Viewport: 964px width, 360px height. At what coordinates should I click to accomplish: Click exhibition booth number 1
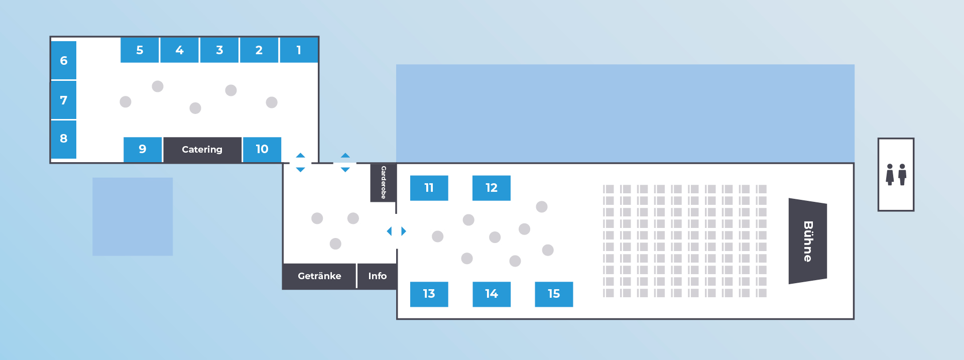click(x=299, y=50)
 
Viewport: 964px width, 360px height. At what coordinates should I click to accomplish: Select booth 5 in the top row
click(x=140, y=50)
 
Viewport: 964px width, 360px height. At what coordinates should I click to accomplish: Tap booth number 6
click(x=64, y=60)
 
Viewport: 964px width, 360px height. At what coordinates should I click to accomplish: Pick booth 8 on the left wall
click(x=64, y=139)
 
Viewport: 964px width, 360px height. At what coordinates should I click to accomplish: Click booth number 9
click(x=143, y=150)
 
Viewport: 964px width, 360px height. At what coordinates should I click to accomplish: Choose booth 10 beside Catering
click(x=262, y=150)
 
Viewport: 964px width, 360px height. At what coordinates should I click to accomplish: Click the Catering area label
click(x=202, y=150)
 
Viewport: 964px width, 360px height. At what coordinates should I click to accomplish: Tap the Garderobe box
click(x=383, y=183)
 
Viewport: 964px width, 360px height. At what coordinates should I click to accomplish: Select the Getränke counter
click(x=319, y=276)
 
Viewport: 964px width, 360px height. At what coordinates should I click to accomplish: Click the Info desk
click(x=377, y=276)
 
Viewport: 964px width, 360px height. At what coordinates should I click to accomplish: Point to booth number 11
click(x=429, y=188)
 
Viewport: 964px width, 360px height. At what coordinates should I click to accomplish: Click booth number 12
click(x=492, y=188)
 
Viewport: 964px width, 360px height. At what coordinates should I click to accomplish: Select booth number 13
click(x=429, y=294)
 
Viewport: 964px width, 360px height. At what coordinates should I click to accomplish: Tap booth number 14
click(x=492, y=294)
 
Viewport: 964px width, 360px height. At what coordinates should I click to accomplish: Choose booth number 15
click(x=554, y=294)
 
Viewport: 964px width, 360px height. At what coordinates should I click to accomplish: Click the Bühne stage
click(x=807, y=241)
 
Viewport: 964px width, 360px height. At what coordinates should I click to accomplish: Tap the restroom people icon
click(x=896, y=174)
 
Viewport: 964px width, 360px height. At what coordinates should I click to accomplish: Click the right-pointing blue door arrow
click(x=404, y=231)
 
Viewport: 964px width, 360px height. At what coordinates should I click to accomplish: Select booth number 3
click(x=219, y=50)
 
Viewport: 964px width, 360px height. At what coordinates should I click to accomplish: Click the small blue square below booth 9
click(x=133, y=216)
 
